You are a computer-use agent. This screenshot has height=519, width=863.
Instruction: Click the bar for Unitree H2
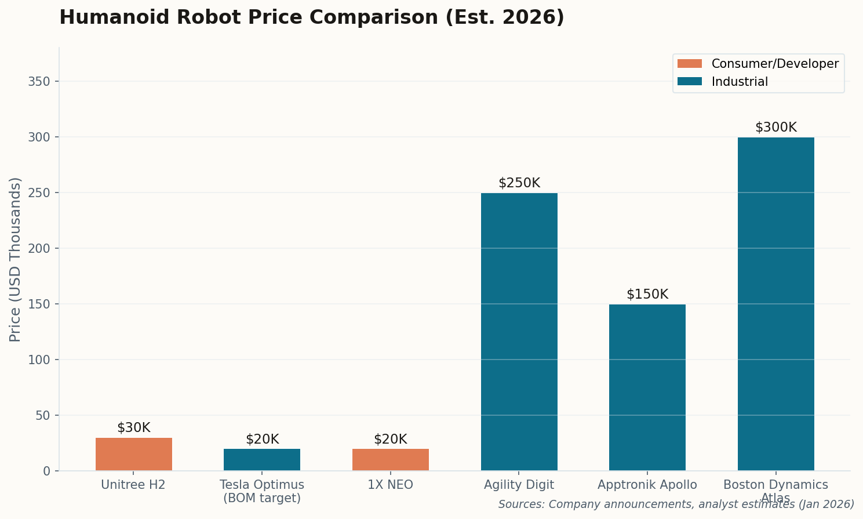pyautogui.click(x=133, y=454)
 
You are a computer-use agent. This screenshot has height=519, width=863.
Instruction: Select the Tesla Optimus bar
pyautogui.click(x=262, y=459)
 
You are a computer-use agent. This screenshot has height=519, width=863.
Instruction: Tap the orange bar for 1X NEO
pyautogui.click(x=390, y=459)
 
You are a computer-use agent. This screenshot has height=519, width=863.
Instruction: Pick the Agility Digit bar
pyautogui.click(x=519, y=332)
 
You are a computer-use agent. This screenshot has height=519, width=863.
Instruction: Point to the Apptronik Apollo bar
pyautogui.click(x=647, y=387)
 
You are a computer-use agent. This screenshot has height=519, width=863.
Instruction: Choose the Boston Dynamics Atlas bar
pyautogui.click(x=775, y=304)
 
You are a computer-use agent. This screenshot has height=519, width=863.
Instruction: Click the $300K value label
pyautogui.click(x=775, y=128)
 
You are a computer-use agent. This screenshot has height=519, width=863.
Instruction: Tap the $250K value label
pyautogui.click(x=519, y=183)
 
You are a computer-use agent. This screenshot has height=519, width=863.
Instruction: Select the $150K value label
pyautogui.click(x=647, y=295)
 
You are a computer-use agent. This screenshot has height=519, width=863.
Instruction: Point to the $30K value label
pyautogui.click(x=133, y=428)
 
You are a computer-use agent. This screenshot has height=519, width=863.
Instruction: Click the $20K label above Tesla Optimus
pyautogui.click(x=262, y=440)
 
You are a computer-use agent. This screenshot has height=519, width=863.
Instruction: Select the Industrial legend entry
pyautogui.click(x=739, y=82)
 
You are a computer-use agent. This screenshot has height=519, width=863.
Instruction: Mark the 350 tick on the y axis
pyautogui.click(x=39, y=81)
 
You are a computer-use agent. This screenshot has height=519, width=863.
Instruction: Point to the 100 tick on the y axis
pyautogui.click(x=39, y=360)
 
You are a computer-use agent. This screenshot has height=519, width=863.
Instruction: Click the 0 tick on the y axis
pyautogui.click(x=46, y=471)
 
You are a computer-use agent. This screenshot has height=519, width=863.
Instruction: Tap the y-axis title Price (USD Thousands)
pyautogui.click(x=15, y=259)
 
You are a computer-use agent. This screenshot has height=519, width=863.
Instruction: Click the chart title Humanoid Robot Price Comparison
pyautogui.click(x=311, y=17)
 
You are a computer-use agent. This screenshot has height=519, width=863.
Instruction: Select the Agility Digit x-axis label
pyautogui.click(x=519, y=485)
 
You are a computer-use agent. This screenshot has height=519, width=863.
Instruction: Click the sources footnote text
pyautogui.click(x=676, y=505)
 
